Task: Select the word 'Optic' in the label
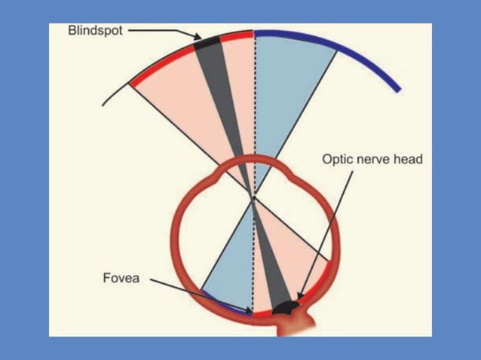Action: [338, 159]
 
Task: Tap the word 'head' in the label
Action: [408, 159]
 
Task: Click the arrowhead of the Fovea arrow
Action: [250, 310]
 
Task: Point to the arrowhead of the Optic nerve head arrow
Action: [300, 298]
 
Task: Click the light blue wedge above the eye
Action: [290, 90]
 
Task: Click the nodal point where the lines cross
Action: [254, 197]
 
